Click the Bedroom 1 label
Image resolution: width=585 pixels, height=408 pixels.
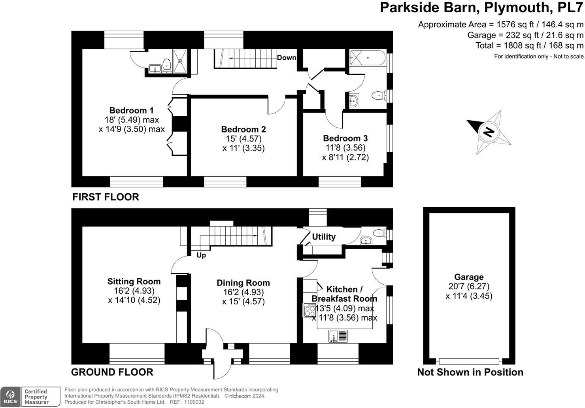coord(131,110)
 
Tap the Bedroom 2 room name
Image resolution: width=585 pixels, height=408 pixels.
coord(243,129)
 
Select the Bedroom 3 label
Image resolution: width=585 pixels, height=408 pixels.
coord(345,138)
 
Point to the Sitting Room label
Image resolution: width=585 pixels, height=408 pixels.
coord(134,281)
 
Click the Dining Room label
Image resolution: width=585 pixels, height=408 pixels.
coord(243,283)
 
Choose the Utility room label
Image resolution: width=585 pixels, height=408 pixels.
coord(324,237)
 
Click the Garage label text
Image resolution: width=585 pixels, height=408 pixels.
coord(469,277)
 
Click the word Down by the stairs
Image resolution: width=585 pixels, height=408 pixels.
coord(287,58)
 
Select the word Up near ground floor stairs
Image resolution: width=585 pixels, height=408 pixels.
coord(201,255)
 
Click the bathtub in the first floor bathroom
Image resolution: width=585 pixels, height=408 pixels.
coord(367,58)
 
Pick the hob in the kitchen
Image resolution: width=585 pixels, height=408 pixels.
coord(309,310)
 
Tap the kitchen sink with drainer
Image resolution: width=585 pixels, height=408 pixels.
coord(338,336)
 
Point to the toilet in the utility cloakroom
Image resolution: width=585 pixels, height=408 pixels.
coord(379,233)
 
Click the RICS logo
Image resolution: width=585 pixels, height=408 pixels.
coord(10,397)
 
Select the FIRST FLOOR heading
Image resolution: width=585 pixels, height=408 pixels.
coord(106,197)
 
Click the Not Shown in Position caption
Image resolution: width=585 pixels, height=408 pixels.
coord(470,372)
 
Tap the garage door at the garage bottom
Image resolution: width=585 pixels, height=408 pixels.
coord(469,361)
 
